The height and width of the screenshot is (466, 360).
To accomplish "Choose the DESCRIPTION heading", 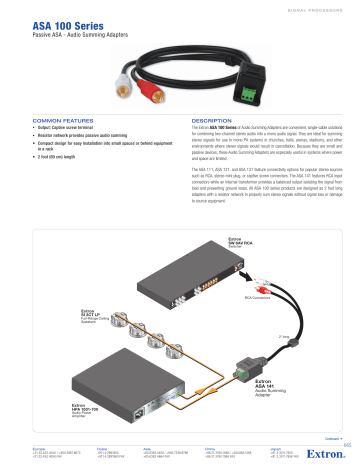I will click(x=211, y=119).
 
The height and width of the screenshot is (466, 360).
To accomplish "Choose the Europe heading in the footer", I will click(x=43, y=447).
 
